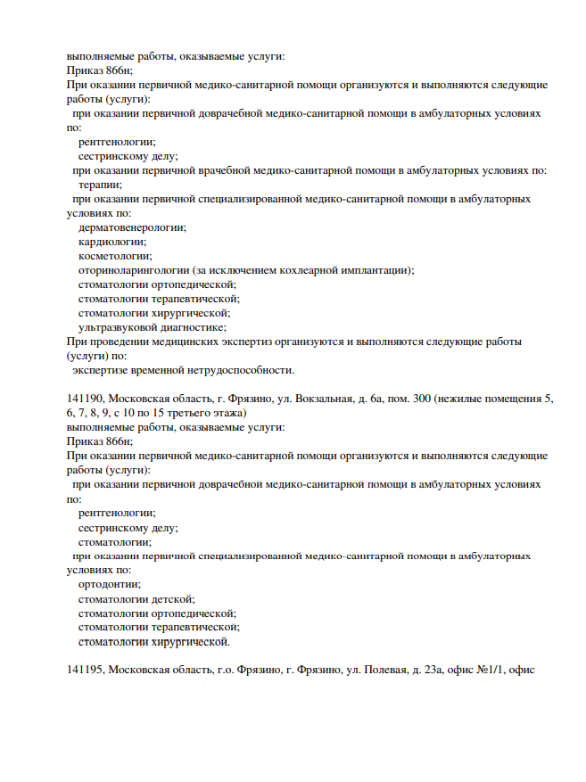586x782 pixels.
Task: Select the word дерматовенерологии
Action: (132, 227)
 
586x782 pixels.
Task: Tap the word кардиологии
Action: (112, 242)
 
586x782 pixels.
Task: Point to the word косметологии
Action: (114, 256)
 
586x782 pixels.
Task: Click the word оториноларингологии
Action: (133, 270)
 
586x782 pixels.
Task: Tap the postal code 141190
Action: (85, 399)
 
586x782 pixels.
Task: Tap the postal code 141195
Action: (85, 670)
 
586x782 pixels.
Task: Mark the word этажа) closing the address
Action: (227, 413)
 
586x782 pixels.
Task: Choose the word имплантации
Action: (380, 270)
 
